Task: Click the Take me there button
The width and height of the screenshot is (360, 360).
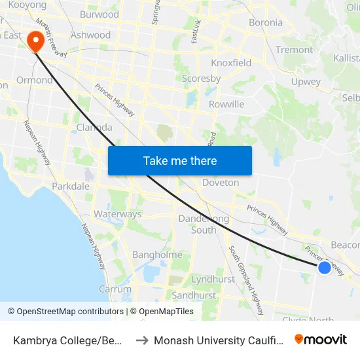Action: point(180,160)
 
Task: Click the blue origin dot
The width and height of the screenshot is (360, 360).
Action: point(324,267)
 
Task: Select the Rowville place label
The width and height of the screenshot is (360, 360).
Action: point(226,104)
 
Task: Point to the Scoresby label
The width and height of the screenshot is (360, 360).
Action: point(201,79)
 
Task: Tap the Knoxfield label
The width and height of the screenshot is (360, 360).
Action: point(231,63)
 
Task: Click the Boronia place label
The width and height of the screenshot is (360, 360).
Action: point(266,23)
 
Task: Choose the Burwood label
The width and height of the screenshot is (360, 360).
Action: point(99,14)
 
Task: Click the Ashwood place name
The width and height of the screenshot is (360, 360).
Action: point(90,35)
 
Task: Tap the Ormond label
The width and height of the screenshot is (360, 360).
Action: point(34,80)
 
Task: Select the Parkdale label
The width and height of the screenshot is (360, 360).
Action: point(71,187)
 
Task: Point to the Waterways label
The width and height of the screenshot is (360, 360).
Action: point(118,214)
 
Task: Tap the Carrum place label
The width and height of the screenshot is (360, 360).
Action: point(115,289)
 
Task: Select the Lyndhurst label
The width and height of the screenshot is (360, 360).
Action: point(213,279)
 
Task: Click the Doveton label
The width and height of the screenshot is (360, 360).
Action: point(221,183)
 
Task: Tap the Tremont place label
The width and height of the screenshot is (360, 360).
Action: point(295,50)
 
